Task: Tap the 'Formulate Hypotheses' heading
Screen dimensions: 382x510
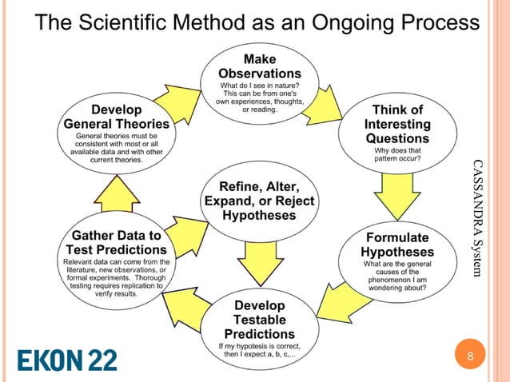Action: [397, 245]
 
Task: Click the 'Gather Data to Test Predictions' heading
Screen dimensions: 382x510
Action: [117, 243]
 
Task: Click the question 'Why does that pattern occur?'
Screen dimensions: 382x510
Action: [397, 154]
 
